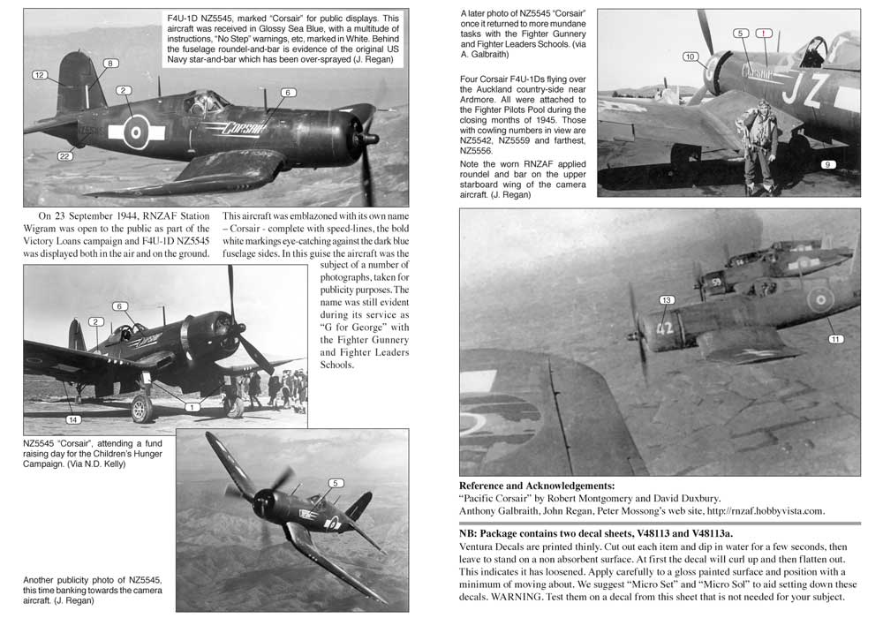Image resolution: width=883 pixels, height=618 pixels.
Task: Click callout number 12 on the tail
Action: tap(39, 75)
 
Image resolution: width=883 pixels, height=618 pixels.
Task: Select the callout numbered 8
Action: tap(109, 64)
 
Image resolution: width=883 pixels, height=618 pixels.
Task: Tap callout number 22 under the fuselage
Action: tap(65, 156)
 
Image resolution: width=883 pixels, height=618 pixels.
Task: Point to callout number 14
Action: tap(73, 418)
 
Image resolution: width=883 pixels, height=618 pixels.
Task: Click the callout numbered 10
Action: tap(691, 57)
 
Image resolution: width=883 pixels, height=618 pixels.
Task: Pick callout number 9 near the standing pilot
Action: tap(827, 164)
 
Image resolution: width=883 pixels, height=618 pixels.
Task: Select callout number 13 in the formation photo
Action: tap(668, 300)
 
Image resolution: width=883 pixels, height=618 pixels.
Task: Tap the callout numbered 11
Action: tap(835, 338)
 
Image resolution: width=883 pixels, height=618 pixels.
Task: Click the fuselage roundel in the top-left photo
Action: tap(136, 131)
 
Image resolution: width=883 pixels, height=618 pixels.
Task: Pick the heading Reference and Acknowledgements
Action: tap(537, 486)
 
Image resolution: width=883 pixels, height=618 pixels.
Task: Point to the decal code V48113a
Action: tap(706, 532)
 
